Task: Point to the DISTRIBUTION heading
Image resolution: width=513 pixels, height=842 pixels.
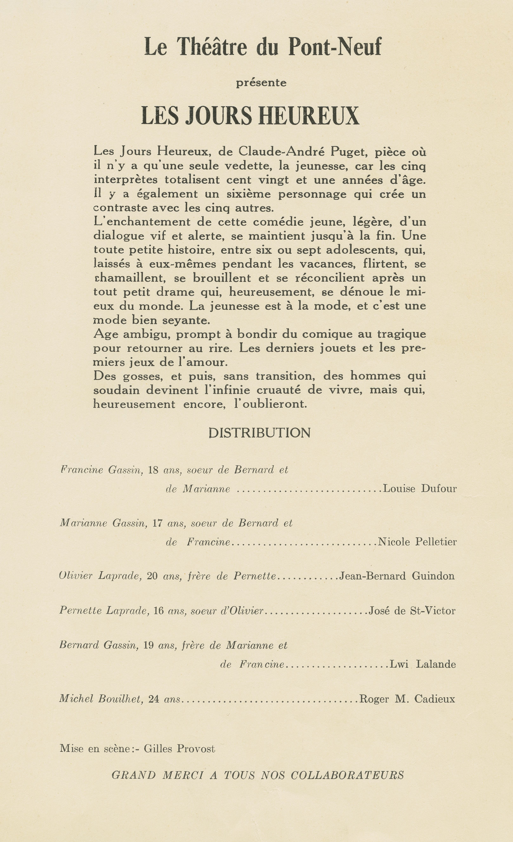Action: (x=259, y=433)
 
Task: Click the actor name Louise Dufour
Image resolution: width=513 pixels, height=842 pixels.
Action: (x=420, y=489)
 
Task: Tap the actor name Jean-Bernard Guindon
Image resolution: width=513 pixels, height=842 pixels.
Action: (x=397, y=576)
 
